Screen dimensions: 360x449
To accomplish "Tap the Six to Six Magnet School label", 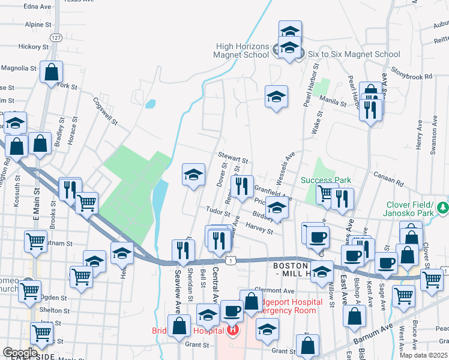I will tap(354, 54).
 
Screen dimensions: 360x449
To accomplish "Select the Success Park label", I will tap(325, 180).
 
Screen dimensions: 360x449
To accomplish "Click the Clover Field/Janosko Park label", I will tap(411, 208).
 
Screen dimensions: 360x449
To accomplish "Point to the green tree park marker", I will tap(443, 208).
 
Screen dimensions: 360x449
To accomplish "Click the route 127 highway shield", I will tap(56, 37).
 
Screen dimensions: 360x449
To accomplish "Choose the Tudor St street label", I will tap(218, 211).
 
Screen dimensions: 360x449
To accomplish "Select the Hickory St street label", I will tap(33, 46).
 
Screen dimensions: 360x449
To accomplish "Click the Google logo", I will tap(20, 352).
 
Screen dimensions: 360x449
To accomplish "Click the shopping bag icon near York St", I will tap(52, 73).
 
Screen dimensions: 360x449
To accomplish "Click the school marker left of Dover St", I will tap(193, 175).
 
